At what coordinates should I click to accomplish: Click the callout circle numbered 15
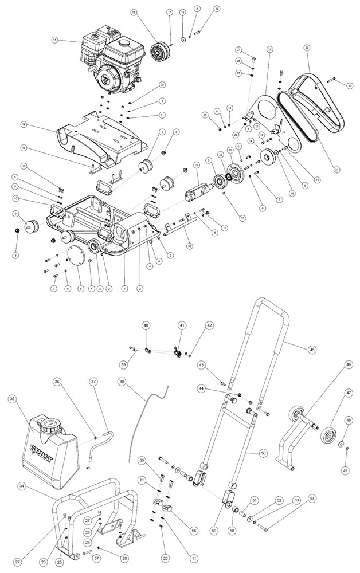coord(55,40)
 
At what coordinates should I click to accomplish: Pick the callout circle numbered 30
coord(349,85)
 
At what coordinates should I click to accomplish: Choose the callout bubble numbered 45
coord(312,348)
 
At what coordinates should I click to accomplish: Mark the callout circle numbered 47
coord(349,393)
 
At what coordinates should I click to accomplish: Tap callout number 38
coord(122,381)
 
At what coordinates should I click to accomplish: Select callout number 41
coord(182,325)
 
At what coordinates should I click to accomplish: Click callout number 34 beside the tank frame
coord(22,486)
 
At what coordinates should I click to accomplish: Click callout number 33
coord(189,246)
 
